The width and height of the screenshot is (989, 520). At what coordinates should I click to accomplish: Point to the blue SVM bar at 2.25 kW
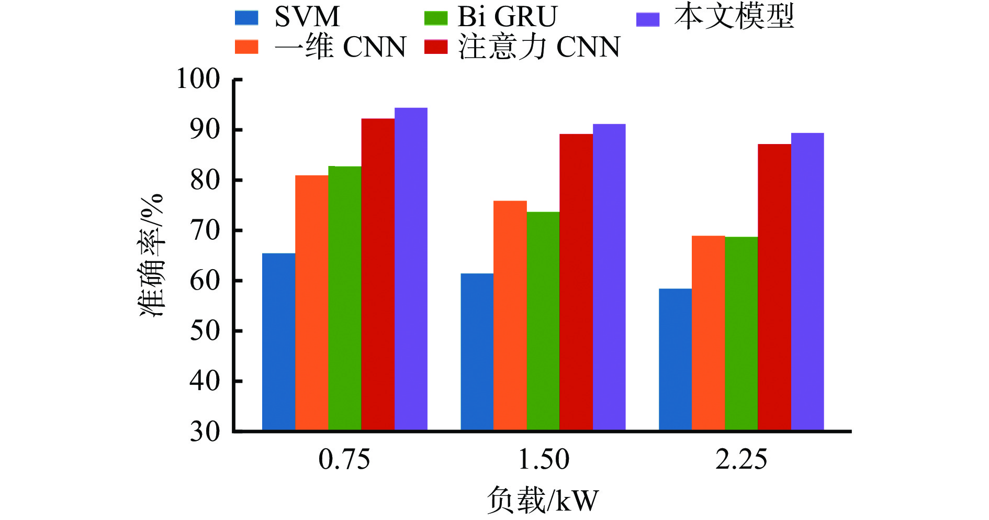[x=675, y=359]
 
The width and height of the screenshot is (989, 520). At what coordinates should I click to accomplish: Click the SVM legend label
[x=307, y=17]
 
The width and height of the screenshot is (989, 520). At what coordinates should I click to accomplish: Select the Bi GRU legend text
[x=507, y=17]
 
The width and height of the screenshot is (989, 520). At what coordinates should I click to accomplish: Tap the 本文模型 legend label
[x=734, y=17]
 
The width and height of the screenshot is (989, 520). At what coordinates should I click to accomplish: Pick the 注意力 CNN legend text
[x=539, y=47]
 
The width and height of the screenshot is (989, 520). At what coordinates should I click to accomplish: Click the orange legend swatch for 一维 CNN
[x=246, y=47]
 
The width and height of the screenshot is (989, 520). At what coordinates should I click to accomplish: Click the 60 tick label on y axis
[x=205, y=281]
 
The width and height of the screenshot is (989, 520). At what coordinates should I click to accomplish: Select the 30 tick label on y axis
[x=205, y=432]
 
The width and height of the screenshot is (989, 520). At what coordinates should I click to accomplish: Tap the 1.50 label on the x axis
[x=543, y=459]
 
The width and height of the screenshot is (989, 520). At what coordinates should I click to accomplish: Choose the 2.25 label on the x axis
[x=741, y=459]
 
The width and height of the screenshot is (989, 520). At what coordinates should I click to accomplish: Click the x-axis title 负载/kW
[x=542, y=500]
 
